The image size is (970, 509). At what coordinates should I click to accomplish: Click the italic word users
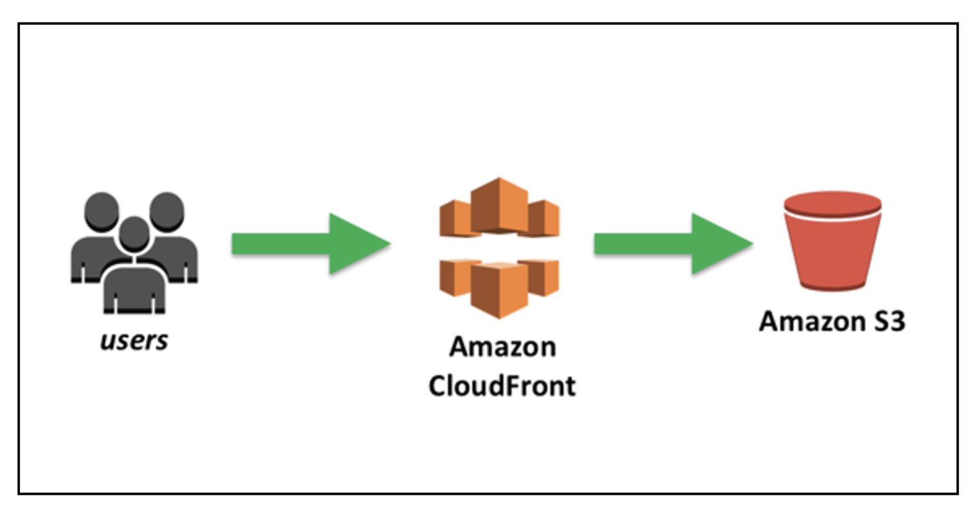[134, 340]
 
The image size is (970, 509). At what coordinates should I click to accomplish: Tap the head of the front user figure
[135, 235]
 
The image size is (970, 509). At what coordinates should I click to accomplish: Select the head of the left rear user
[102, 212]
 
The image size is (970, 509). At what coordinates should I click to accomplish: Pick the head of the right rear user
[167, 212]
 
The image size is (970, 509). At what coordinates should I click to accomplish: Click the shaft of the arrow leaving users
[281, 244]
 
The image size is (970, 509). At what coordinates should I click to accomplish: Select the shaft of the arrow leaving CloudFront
[643, 244]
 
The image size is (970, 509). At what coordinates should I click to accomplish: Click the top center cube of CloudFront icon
[499, 205]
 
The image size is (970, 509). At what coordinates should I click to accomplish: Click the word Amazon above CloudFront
[503, 347]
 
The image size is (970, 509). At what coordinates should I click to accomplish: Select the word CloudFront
[502, 385]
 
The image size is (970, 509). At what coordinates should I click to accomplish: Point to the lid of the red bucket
[833, 204]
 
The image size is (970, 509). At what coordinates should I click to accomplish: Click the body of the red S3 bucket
[833, 253]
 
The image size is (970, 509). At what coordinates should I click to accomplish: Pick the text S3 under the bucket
[889, 321]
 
